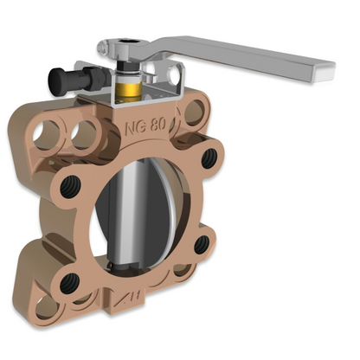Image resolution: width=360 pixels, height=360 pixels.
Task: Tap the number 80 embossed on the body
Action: click(158, 125)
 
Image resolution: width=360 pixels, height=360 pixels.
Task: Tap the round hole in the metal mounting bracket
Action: click(174, 75)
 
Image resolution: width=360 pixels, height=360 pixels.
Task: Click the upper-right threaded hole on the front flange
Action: click(209, 158)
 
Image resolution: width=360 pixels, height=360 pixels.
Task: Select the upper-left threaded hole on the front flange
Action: click(69, 188)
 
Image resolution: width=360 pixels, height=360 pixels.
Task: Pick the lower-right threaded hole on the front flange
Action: click(202, 244)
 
